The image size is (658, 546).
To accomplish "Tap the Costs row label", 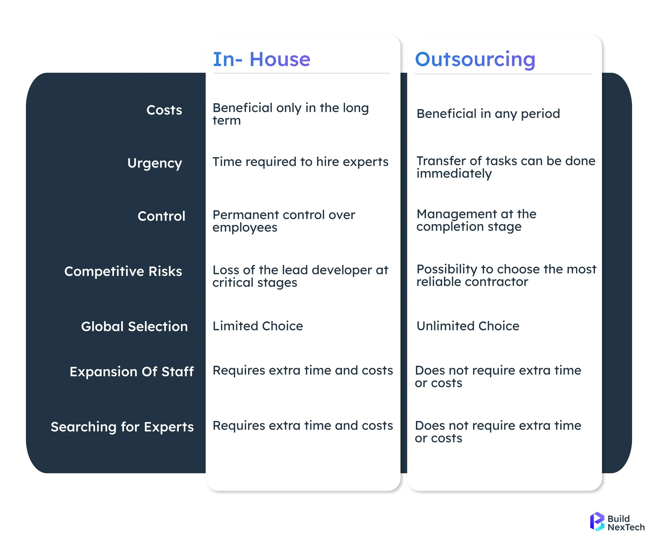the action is point(164,110).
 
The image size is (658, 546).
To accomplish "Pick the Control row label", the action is point(161,216).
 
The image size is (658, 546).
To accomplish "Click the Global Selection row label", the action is point(134,327).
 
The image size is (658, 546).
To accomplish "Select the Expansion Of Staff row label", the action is point(132,372).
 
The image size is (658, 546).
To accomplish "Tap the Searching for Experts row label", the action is point(122,427).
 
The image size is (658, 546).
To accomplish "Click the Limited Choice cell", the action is point(258,326).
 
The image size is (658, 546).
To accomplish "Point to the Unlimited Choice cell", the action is point(468,326).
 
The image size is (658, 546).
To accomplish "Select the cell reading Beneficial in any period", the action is point(488,114).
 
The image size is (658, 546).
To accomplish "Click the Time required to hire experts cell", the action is point(300,162).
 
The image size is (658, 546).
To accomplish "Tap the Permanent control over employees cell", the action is point(284,221).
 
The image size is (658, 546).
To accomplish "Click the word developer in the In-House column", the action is point(342,270).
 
